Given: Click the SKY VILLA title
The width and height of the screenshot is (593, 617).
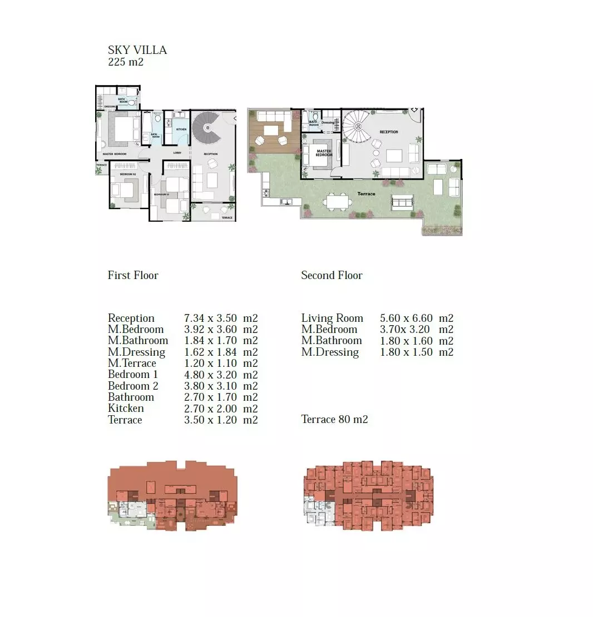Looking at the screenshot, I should (x=137, y=50).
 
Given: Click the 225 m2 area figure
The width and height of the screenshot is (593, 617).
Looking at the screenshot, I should (x=126, y=62).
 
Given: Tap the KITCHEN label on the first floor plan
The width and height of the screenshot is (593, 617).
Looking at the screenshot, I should (x=181, y=130).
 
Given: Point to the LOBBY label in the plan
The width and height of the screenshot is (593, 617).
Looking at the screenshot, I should (x=177, y=153).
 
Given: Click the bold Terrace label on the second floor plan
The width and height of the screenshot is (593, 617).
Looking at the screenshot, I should (x=366, y=194).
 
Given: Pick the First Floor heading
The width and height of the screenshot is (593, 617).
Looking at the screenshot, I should (x=133, y=276).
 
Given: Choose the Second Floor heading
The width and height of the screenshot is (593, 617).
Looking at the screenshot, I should (x=332, y=276).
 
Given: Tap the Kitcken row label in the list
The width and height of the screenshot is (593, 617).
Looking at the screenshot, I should (x=126, y=409).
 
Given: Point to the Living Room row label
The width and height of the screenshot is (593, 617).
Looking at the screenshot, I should (x=332, y=319).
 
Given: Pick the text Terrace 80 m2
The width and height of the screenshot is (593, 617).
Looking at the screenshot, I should (x=334, y=420).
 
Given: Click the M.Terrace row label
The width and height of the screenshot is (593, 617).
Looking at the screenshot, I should (x=132, y=364).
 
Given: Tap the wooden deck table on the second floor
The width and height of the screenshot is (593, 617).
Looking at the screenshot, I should (x=271, y=130).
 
